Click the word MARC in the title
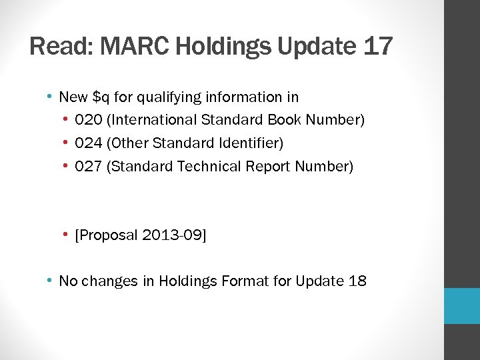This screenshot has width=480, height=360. click(x=125, y=47)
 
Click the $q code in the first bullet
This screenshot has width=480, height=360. click(x=101, y=97)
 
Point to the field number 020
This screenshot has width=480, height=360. click(x=89, y=120)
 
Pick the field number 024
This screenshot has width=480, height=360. click(x=89, y=143)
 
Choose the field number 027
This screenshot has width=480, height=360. click(x=89, y=167)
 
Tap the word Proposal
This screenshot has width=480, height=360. click(x=109, y=235)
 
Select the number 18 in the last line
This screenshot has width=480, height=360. click(x=357, y=281)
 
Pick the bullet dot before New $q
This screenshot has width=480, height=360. click(x=49, y=97)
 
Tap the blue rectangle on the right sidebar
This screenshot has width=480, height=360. click(x=462, y=306)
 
